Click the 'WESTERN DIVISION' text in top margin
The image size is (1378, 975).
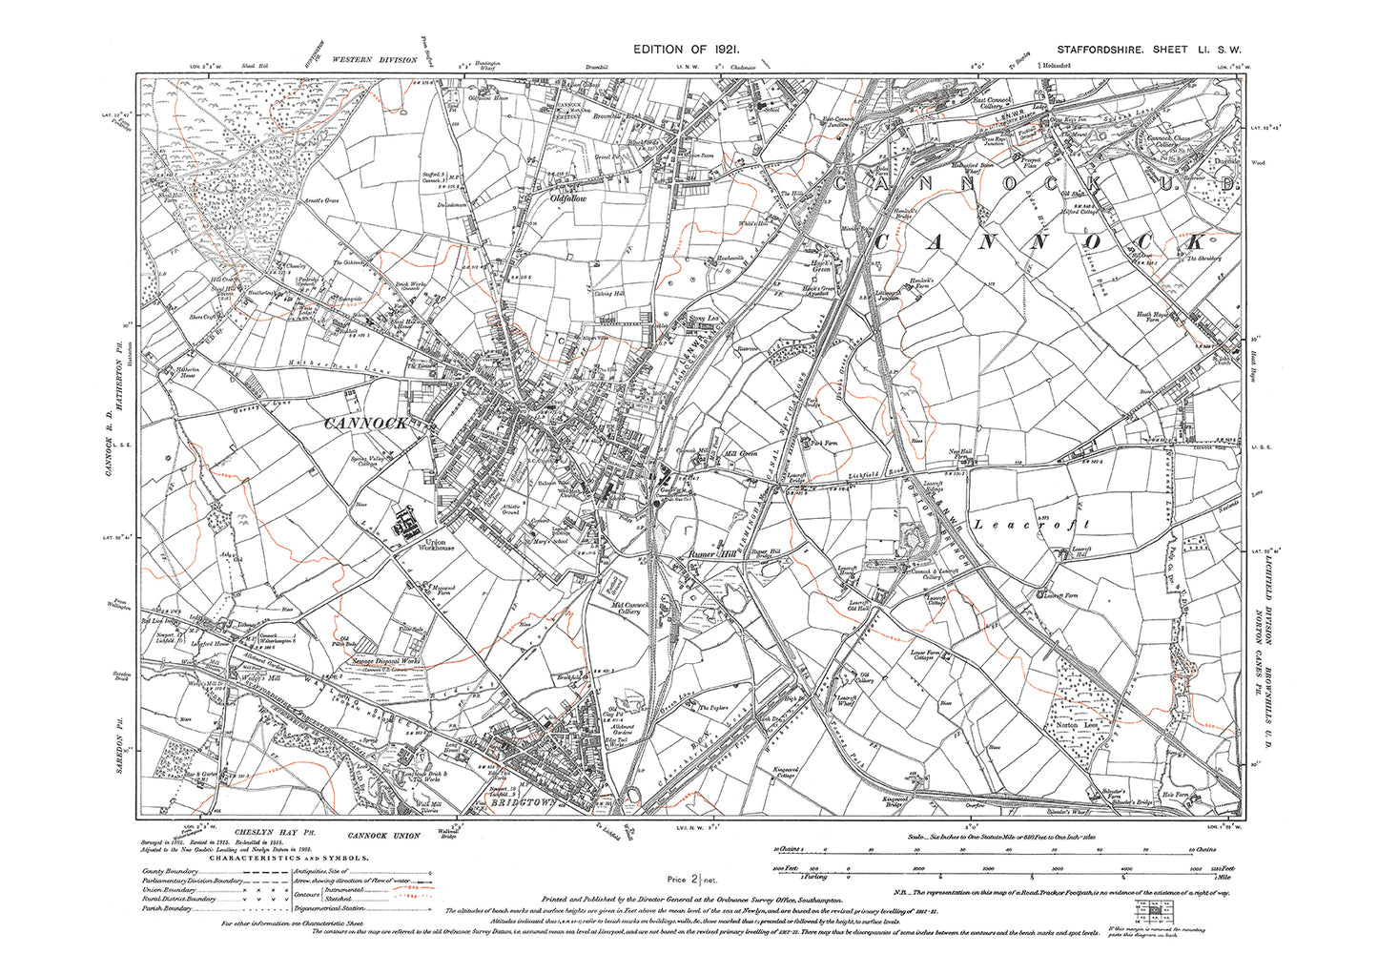375,59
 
